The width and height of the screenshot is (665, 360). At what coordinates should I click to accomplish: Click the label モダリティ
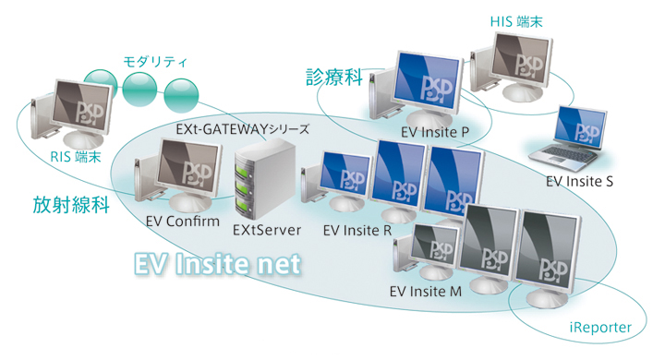coord(155,62)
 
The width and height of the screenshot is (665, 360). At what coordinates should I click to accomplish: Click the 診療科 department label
coord(332,78)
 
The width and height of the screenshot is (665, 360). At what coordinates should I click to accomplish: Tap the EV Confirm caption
coord(182,222)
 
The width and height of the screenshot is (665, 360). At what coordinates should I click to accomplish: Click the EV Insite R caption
coord(357,229)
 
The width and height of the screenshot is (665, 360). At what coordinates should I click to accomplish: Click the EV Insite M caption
coord(425,292)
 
